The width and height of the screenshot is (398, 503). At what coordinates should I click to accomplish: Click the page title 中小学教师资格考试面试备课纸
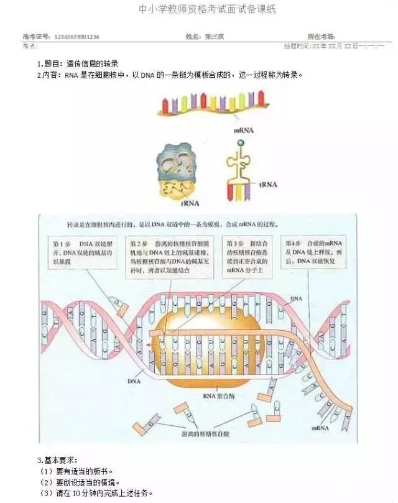(x=198, y=9)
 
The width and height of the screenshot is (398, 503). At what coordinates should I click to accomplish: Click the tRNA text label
(x=268, y=184)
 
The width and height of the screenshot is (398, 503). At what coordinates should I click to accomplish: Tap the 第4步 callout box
(x=316, y=252)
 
